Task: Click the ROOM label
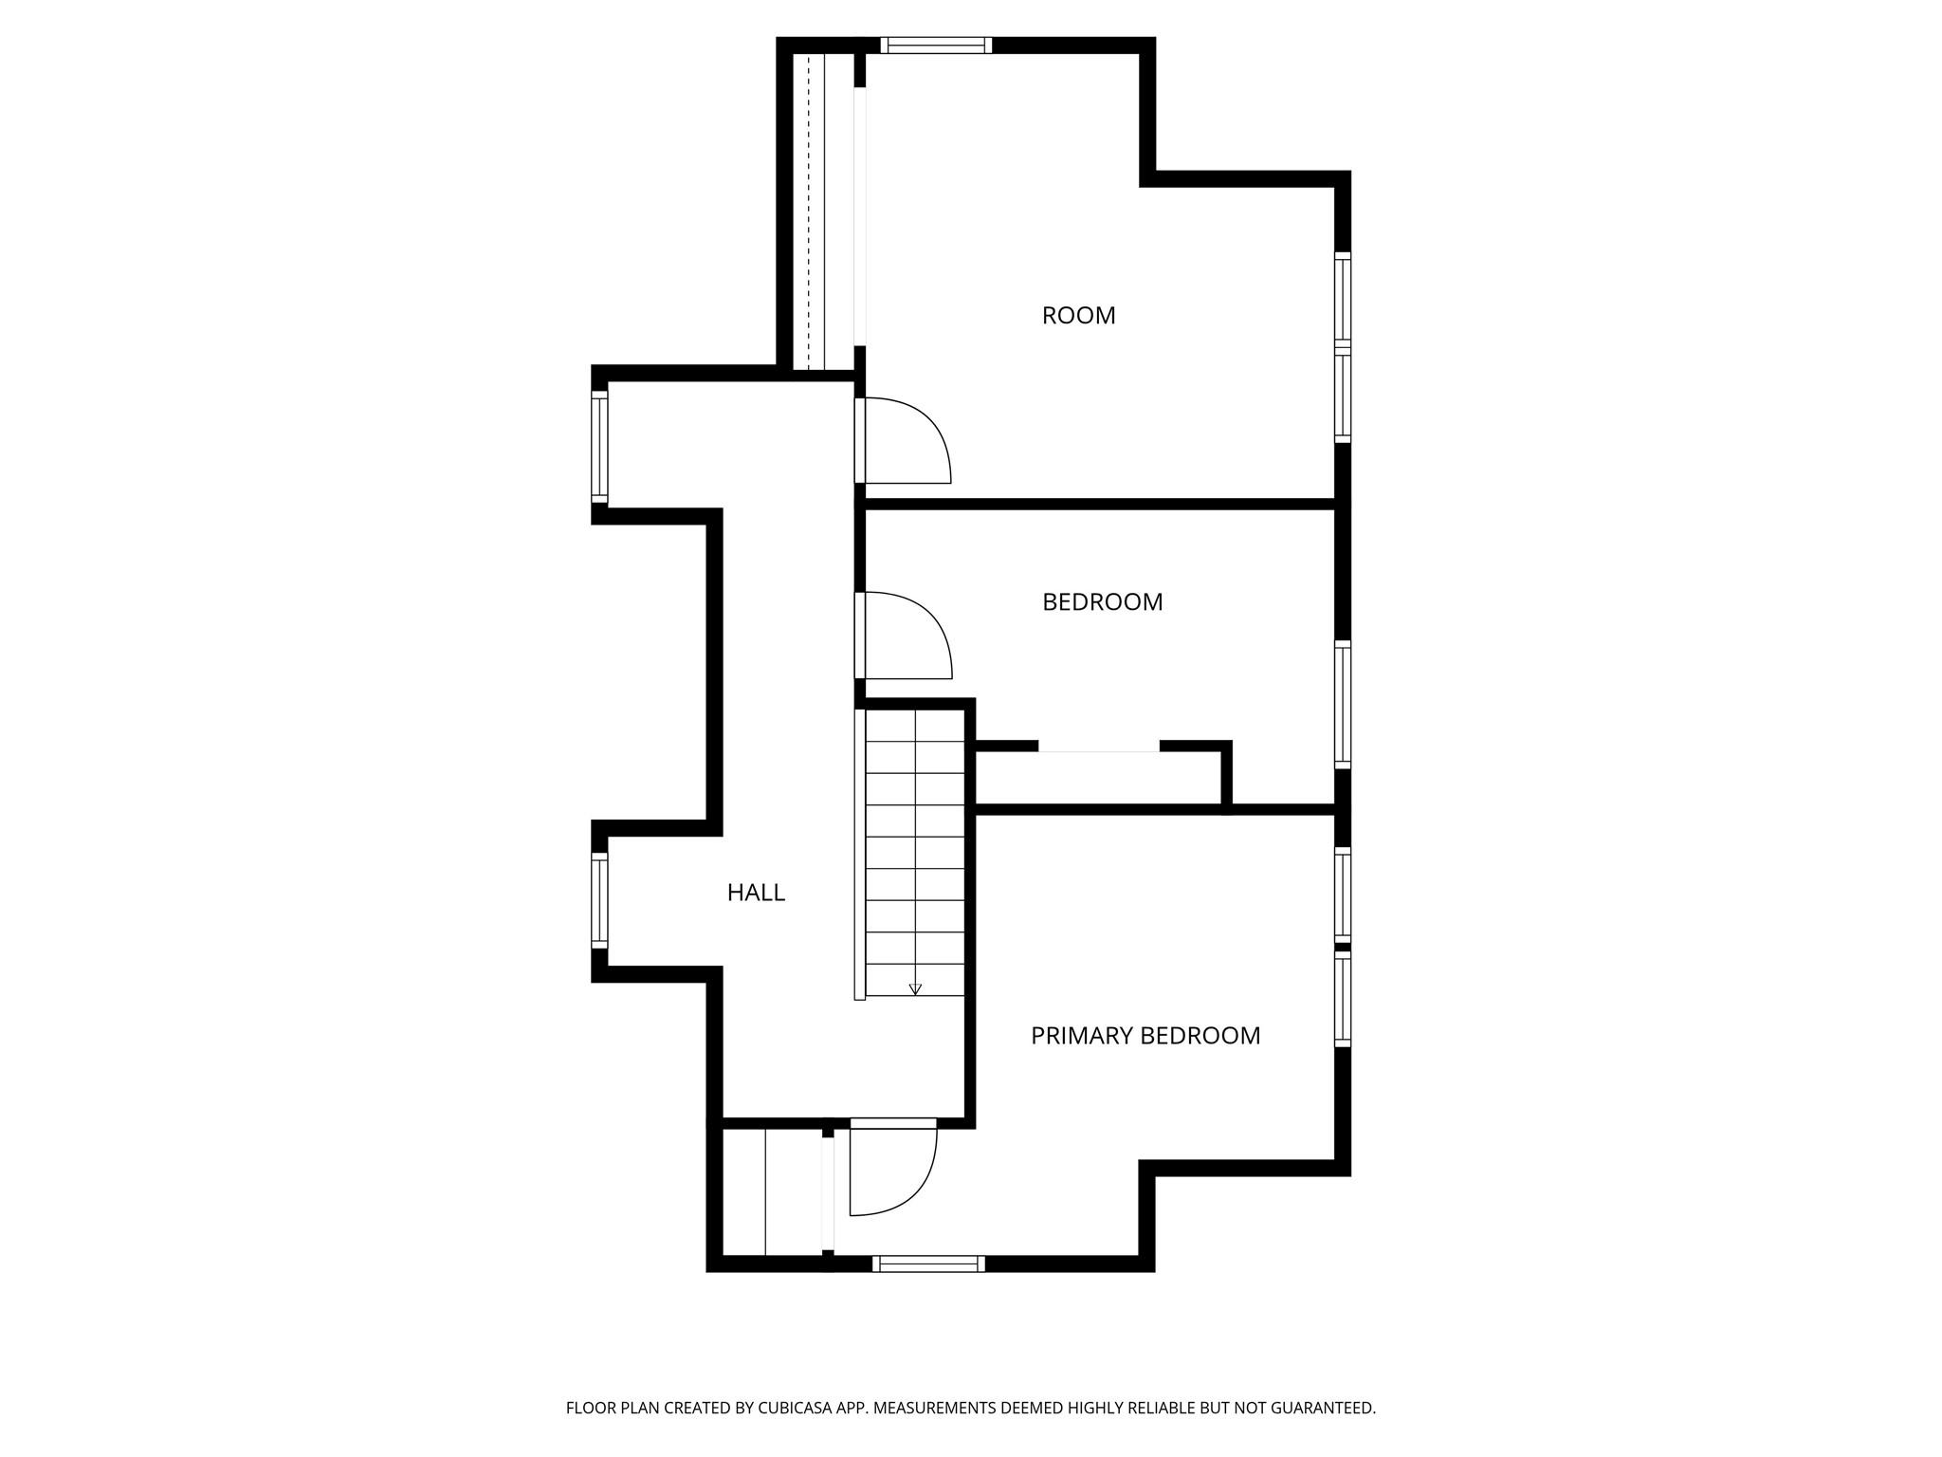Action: [1078, 316]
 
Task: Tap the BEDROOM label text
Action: [1102, 602]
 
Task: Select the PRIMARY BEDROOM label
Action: [1145, 1036]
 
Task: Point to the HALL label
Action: [756, 893]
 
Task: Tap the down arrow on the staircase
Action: [915, 987]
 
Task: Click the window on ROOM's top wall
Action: [935, 45]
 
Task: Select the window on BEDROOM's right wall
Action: [1343, 704]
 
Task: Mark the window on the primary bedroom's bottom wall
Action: [928, 1263]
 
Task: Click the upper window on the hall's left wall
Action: [599, 446]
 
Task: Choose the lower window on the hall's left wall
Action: [599, 900]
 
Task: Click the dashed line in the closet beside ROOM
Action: [808, 212]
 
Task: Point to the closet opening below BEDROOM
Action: [1099, 749]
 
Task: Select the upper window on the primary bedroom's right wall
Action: [1343, 892]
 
